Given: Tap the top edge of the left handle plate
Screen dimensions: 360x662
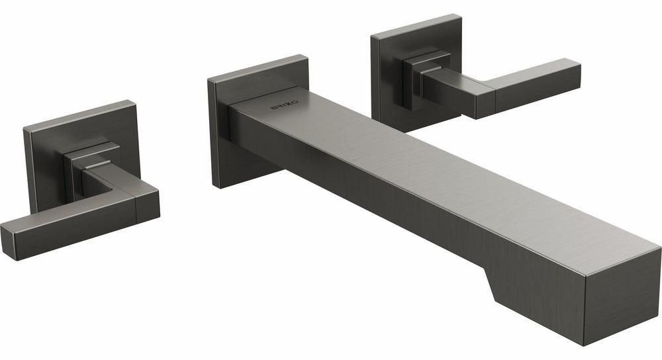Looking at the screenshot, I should point(79,111).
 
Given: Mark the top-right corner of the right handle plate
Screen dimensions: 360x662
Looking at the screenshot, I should point(459,16).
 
